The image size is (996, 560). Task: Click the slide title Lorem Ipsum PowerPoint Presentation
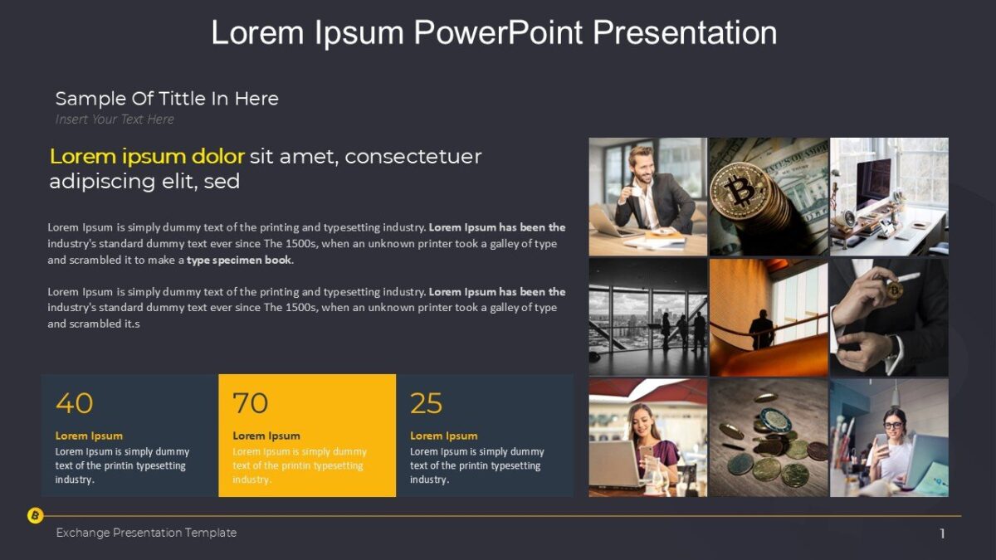[494, 33]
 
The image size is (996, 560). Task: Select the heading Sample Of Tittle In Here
[167, 99]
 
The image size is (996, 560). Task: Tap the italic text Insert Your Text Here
[115, 119]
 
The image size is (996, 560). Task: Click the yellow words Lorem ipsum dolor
[147, 156]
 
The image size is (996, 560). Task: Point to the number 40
[74, 403]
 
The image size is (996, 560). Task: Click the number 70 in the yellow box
[250, 403]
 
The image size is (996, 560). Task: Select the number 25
[426, 403]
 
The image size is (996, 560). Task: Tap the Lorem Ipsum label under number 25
[443, 436]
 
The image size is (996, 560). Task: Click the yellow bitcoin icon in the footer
[35, 516]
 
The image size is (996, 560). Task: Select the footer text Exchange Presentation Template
[146, 533]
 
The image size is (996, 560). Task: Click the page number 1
[942, 533]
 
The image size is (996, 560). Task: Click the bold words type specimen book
[239, 260]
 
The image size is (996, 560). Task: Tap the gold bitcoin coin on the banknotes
[740, 191]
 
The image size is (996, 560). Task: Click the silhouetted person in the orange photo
[761, 329]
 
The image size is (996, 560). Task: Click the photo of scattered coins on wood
[769, 438]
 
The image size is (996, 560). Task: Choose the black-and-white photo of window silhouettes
[648, 317]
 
